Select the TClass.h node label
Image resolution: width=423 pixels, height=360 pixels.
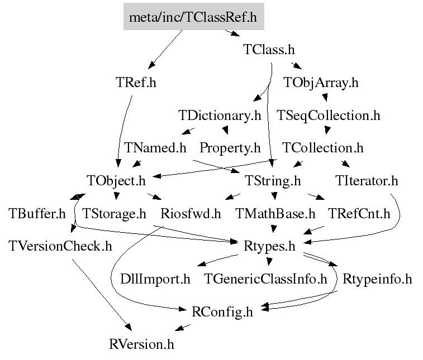269,50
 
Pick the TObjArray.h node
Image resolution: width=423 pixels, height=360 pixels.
321,83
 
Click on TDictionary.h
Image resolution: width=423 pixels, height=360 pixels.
220,116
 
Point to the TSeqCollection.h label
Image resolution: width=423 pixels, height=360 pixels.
329,116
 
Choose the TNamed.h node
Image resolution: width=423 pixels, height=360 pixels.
155,148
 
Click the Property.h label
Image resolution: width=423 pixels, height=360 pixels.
230,148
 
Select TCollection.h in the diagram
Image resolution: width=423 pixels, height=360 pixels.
323,148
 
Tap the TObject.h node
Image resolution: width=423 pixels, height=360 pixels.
116,181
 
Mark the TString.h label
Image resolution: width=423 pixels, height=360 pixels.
273,181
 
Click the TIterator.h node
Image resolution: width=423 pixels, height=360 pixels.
367,181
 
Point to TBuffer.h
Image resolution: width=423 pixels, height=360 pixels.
37,213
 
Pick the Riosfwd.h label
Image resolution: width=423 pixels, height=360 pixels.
191,213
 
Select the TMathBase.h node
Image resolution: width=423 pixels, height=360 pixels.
275,213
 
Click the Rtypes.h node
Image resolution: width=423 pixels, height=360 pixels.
269,246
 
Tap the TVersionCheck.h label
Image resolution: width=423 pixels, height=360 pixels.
60,246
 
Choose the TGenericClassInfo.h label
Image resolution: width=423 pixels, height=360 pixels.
265,279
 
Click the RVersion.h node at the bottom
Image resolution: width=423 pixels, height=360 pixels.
141,344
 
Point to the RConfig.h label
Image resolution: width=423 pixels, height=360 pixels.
222,311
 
